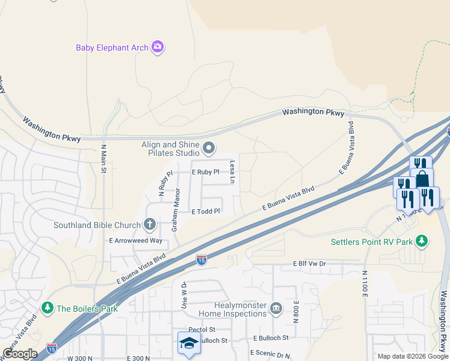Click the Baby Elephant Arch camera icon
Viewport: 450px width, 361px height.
tap(158, 47)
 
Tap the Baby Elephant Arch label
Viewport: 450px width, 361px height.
tap(112, 48)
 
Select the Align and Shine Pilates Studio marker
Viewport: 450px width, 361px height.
tap(209, 147)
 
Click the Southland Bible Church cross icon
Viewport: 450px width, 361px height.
tap(150, 225)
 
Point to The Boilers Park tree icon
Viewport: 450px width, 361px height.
tap(48, 308)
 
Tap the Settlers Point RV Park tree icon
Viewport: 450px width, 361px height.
tap(422, 241)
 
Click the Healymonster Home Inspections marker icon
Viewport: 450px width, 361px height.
tap(276, 309)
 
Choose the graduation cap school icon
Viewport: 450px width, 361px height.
tap(189, 343)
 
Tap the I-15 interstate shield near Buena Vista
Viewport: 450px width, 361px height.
tap(202, 260)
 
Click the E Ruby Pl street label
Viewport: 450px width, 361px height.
tap(205, 172)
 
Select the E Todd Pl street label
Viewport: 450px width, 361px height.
tap(206, 211)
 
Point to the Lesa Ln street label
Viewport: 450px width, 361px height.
tap(230, 172)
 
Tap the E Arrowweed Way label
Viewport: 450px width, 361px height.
tap(135, 240)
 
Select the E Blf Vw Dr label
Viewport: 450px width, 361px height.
tap(309, 264)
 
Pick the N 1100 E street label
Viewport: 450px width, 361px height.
tap(364, 283)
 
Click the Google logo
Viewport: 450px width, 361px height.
tap(20, 353)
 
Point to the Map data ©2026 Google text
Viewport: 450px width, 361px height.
tap(412, 356)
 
